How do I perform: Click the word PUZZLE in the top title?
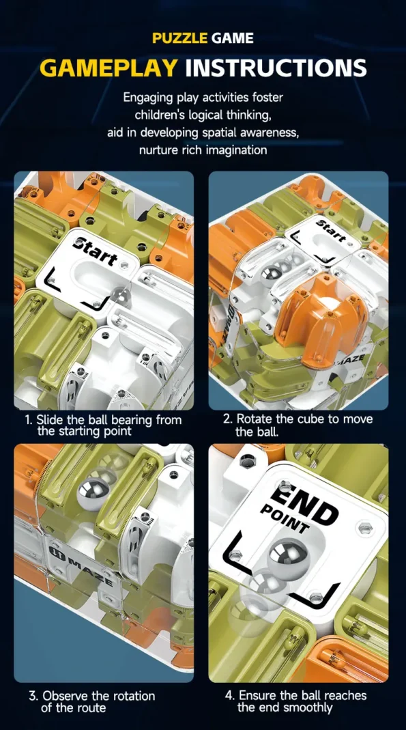click(179, 38)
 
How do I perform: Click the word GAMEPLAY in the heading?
click(108, 68)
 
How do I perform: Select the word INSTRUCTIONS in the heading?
click(276, 68)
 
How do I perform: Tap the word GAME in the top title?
click(233, 38)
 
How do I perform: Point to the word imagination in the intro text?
click(239, 150)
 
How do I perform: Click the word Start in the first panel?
click(96, 251)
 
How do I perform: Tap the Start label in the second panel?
click(332, 231)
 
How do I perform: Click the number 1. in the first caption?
click(29, 419)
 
